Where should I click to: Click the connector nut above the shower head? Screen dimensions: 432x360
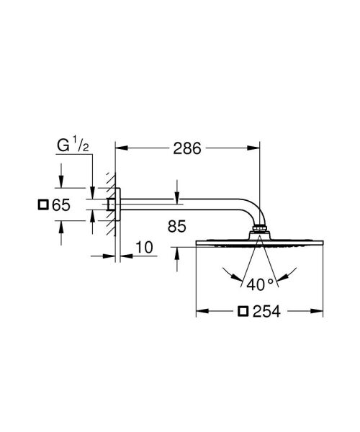pos(258,233)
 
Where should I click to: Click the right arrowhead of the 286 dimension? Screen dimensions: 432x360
pos(255,149)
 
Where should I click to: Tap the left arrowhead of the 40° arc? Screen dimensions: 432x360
pos(229,274)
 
